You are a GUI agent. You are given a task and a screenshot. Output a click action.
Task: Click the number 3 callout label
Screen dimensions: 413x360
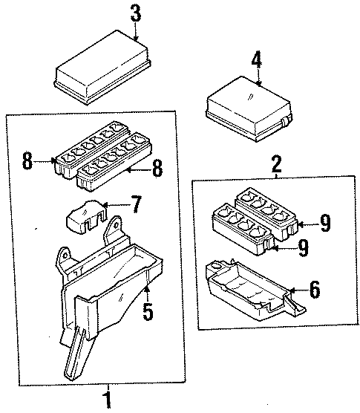click(135, 13)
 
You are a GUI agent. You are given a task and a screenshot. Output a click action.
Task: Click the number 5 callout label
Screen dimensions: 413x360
click(148, 312)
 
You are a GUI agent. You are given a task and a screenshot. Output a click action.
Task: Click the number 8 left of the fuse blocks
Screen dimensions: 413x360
click(27, 161)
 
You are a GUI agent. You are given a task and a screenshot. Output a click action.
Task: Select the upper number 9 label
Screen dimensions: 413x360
click(324, 222)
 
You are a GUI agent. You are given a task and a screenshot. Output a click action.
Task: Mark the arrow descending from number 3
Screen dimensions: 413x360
click(135, 30)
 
